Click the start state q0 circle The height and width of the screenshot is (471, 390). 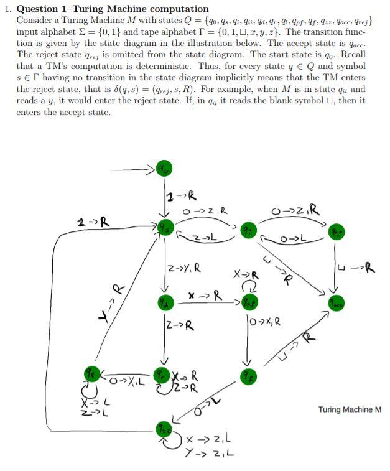coord(164,169)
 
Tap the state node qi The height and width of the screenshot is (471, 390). coord(248,228)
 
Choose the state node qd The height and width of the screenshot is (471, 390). coord(165,304)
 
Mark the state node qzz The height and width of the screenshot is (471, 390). coord(164,429)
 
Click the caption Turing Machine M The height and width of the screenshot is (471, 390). coord(350,409)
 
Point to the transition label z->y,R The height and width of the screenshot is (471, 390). coord(184,268)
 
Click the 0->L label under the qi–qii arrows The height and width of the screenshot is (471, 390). coord(292,239)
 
